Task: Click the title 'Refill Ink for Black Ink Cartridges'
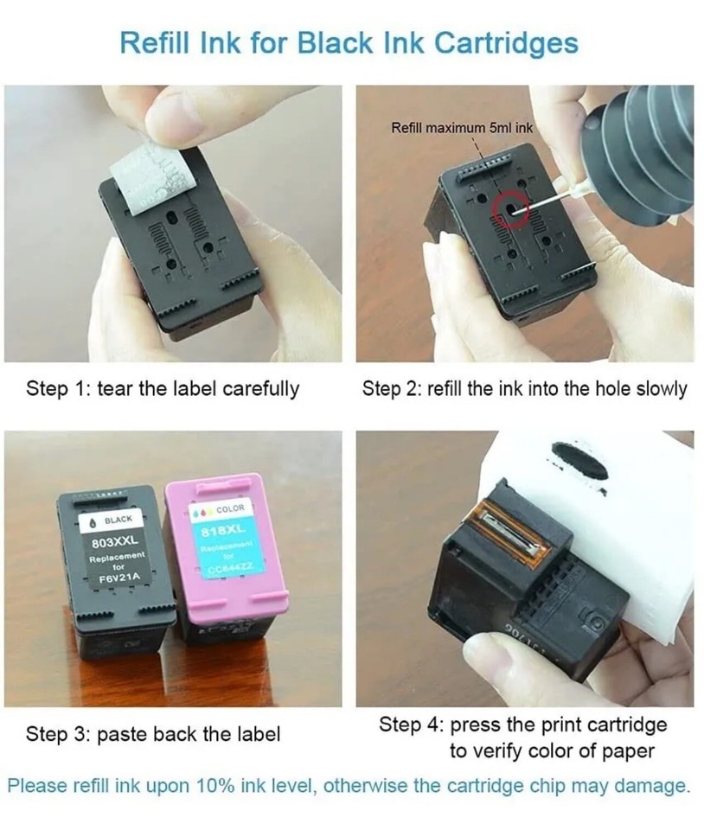(349, 42)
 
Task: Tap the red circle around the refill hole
(507, 209)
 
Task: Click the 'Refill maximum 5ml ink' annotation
(462, 128)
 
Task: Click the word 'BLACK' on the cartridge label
(118, 520)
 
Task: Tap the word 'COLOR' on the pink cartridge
(230, 508)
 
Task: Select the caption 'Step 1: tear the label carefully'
(163, 389)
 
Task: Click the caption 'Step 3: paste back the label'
(153, 735)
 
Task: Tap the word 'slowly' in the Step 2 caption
(662, 389)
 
